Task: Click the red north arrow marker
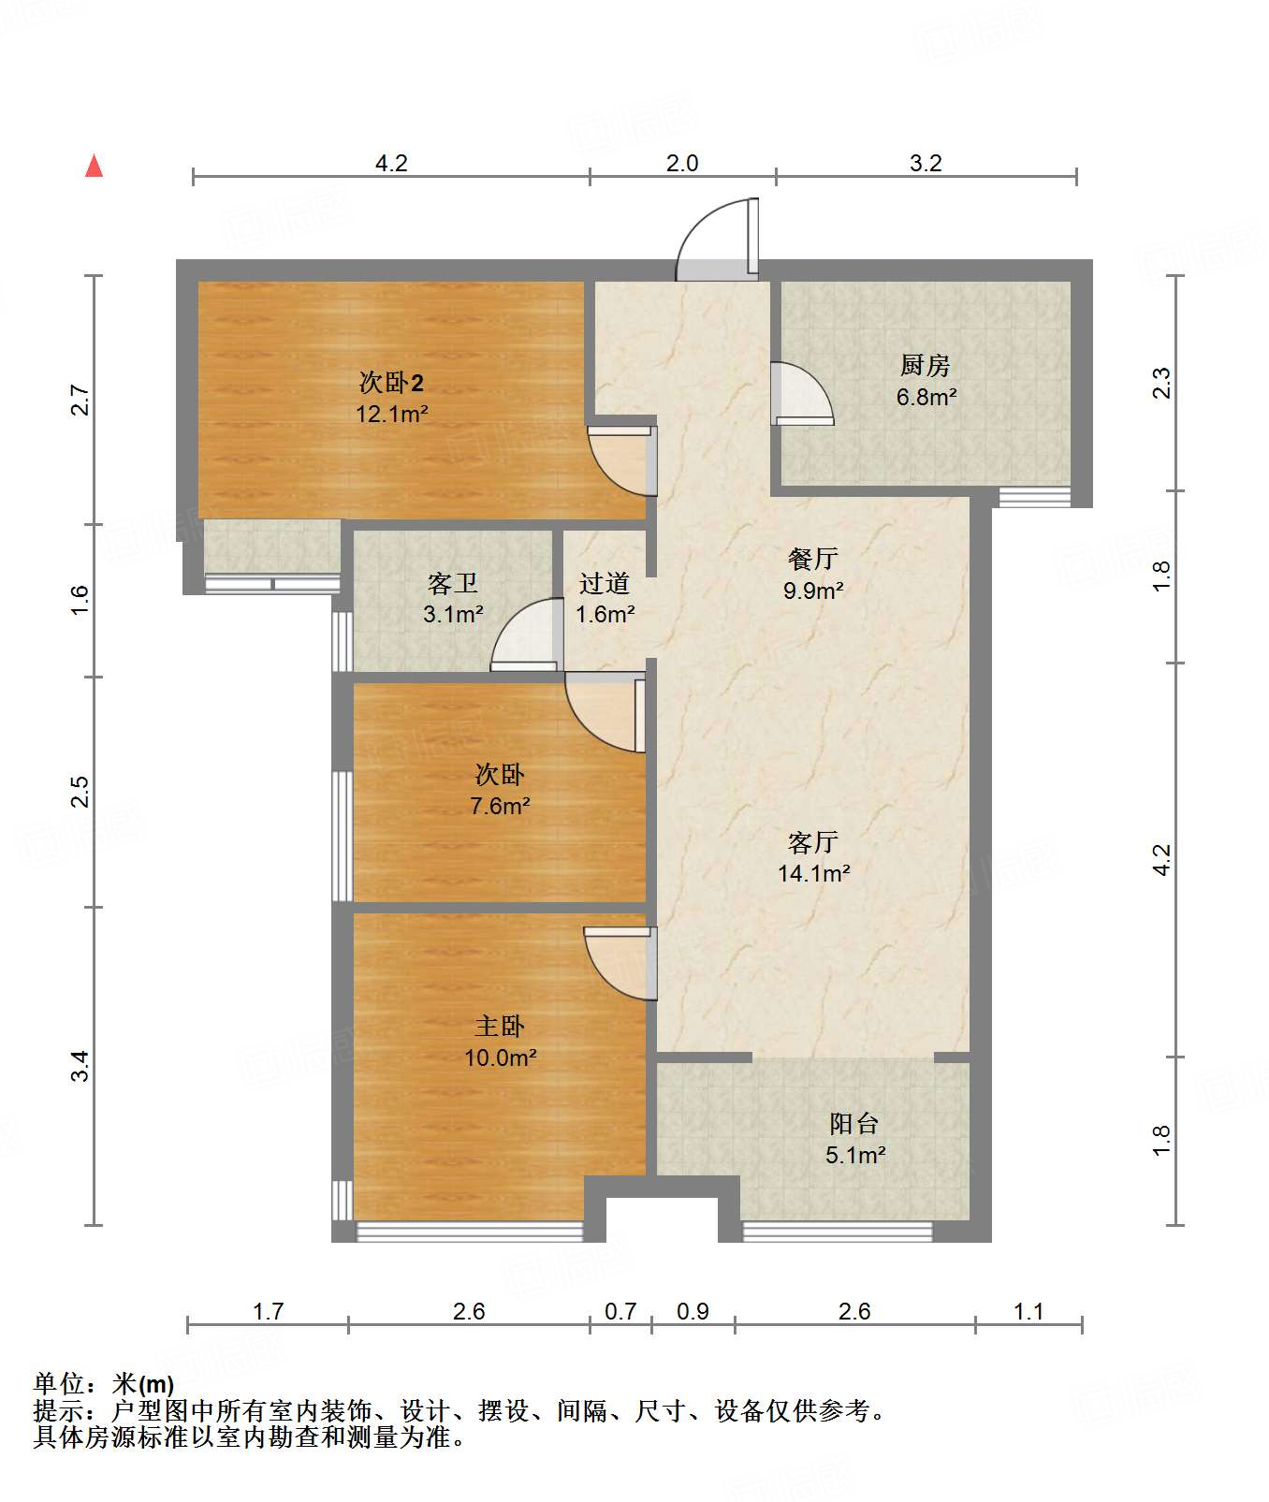point(94,166)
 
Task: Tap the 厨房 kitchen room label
point(925,365)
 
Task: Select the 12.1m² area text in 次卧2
point(392,414)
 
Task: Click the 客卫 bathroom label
point(453,583)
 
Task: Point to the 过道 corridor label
point(605,583)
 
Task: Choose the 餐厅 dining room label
point(813,559)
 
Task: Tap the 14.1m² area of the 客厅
point(814,873)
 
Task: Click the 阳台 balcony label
point(854,1123)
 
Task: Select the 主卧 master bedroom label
point(500,1027)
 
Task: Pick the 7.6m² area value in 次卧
point(500,806)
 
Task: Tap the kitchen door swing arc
point(802,394)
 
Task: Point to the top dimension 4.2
point(391,163)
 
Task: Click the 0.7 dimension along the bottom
point(620,1311)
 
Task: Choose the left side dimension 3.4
point(80,1066)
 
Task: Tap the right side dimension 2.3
point(1160,383)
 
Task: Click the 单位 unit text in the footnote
point(59,1384)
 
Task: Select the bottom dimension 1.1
point(1028,1311)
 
